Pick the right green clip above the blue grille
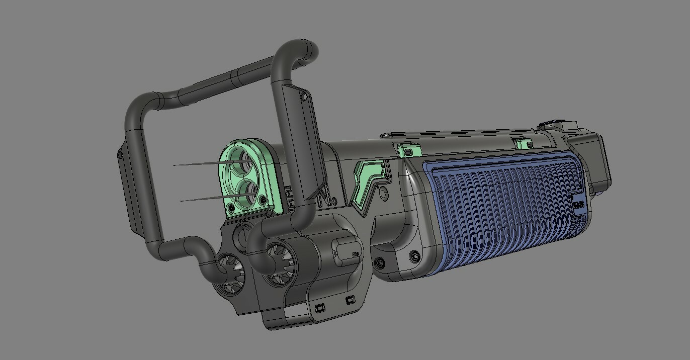coord(525,144)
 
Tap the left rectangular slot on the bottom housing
coord(319,307)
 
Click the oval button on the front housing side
coord(347,249)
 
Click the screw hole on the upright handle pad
coord(303,96)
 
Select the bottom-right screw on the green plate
coord(262,201)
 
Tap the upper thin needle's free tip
coord(174,165)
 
